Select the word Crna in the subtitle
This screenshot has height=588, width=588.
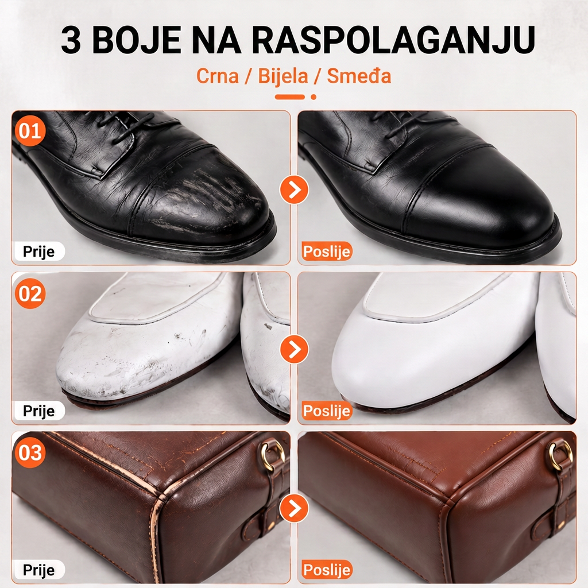click(x=218, y=76)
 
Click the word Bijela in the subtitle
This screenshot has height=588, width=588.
click(x=283, y=76)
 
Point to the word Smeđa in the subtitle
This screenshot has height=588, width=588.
click(x=359, y=75)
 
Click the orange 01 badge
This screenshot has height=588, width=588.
click(x=30, y=131)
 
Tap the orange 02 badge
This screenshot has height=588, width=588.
click(x=30, y=293)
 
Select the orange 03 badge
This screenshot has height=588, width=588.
click(x=30, y=452)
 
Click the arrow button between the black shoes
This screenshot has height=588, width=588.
click(x=295, y=189)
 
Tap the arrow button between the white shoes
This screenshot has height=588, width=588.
click(x=295, y=349)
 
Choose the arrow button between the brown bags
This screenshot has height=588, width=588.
click(x=295, y=509)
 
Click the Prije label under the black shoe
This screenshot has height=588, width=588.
click(x=39, y=252)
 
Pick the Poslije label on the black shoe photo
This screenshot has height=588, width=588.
click(x=327, y=252)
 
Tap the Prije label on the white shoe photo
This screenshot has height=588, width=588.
click(x=39, y=411)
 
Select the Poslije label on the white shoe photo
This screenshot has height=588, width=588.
click(x=327, y=411)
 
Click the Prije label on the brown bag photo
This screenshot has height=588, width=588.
click(x=39, y=570)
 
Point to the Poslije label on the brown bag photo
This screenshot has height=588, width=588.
click(x=327, y=570)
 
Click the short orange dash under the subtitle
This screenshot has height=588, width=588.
click(x=290, y=97)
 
